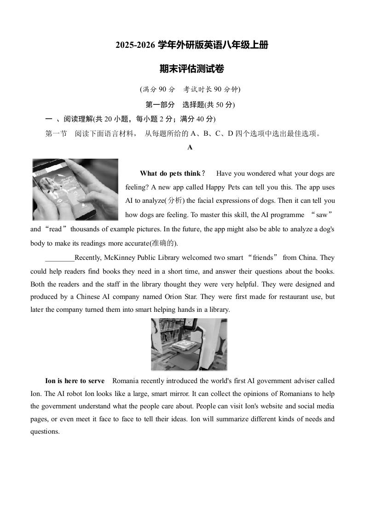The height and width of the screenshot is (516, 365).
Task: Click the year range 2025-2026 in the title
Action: point(135,46)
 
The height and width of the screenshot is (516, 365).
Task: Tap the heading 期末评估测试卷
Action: point(191,69)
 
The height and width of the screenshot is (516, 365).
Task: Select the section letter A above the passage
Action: point(190,148)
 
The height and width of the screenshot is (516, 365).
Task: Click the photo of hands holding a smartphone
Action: point(75,189)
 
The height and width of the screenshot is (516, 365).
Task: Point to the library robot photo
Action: point(189,344)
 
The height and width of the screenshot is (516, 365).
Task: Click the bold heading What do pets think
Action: point(170,173)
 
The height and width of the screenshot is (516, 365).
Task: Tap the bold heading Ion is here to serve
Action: point(75,381)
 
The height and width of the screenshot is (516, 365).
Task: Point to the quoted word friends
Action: point(263,258)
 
